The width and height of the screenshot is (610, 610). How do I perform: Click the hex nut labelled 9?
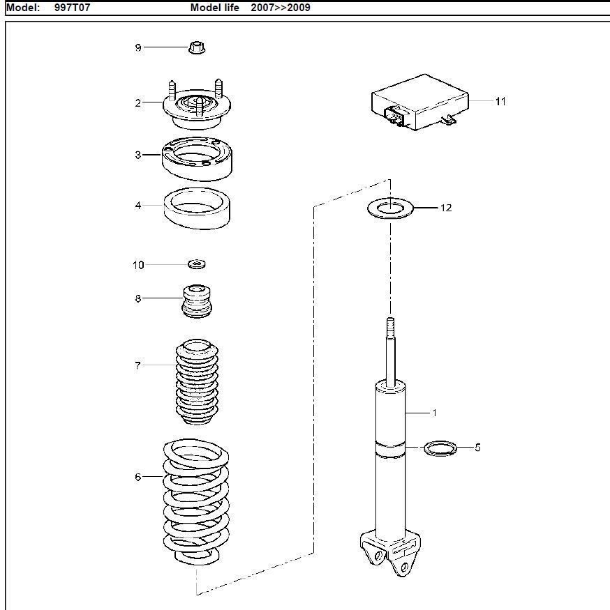197,47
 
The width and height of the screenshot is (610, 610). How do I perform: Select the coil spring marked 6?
196,502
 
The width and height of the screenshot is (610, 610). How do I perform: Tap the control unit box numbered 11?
420,102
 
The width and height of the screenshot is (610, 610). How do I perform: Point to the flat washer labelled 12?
390,208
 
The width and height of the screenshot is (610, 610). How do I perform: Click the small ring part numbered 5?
440,448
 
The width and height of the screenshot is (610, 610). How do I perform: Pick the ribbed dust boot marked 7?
197,381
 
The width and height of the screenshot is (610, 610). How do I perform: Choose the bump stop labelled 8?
197,301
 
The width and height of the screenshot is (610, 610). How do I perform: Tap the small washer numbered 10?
197,264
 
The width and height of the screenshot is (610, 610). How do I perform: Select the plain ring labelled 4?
197,208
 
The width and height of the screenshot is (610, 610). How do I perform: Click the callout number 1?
435,413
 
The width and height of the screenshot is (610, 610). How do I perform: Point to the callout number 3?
138,155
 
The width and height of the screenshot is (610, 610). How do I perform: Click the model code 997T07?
72,8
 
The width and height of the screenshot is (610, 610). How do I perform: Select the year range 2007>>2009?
281,8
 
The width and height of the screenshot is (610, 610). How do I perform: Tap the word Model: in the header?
23,8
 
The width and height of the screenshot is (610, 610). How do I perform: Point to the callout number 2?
138,103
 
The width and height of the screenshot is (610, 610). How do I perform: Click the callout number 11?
500,102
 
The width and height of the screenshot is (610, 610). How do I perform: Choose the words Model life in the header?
215,8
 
